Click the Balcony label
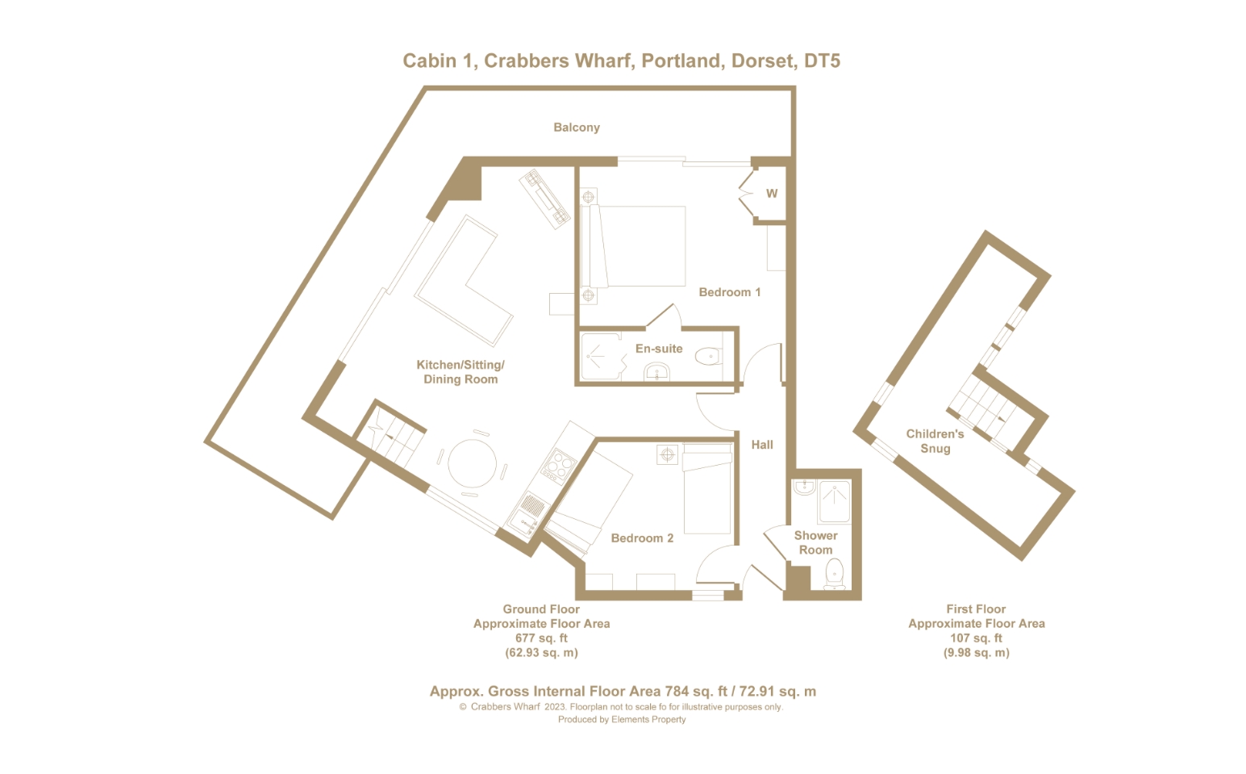tap(577, 128)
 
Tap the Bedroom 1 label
tap(729, 292)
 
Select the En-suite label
tap(659, 349)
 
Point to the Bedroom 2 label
tap(642, 538)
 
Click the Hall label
tap(762, 445)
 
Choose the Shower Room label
tap(815, 543)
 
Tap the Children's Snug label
tap(935, 441)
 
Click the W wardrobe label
tap(772, 194)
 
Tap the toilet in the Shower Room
tap(835, 573)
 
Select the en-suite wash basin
tap(657, 371)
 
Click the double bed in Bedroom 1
tap(633, 246)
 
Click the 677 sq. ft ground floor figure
tap(541, 638)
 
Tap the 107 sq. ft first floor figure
tap(976, 638)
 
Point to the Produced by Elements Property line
tap(622, 719)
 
